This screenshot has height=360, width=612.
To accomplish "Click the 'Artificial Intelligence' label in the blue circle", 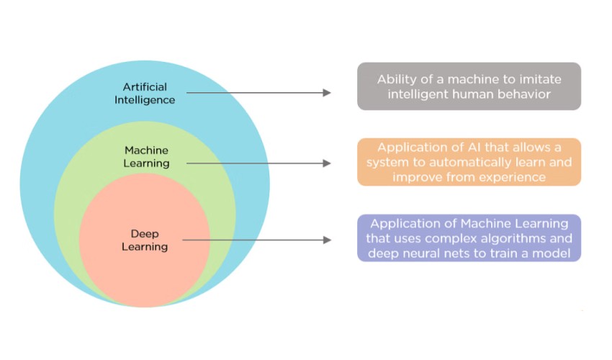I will coord(145,93).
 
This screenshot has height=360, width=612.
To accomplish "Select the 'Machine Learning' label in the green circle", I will coord(146,156).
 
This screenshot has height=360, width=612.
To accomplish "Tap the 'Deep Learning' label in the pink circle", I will coord(149,240).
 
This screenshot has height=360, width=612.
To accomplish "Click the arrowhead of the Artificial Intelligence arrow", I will coord(327,93).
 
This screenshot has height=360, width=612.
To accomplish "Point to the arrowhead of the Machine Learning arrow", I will coord(327,163).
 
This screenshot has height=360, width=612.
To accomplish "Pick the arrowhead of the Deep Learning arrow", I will coord(327,240).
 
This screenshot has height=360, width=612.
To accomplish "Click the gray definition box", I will coord(469,86).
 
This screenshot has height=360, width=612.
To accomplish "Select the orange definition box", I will coord(469,162).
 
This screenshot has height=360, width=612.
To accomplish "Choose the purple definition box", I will coord(469,238).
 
